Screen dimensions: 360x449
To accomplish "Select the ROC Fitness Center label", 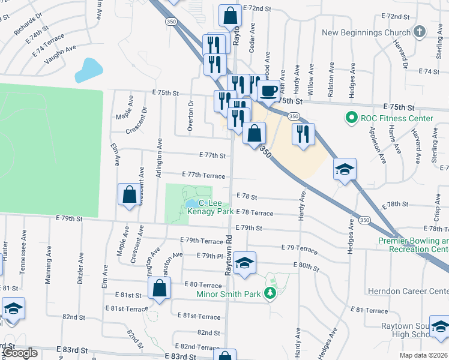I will pyautogui.click(x=396, y=118).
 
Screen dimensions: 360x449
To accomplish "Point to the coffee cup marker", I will pyautogui.click(x=268, y=91).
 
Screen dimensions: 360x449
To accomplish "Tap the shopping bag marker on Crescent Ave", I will pyautogui.click(x=129, y=194).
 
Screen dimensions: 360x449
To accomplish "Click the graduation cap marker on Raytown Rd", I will pyautogui.click(x=244, y=263).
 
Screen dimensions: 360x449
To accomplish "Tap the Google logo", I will pyautogui.click(x=20, y=353).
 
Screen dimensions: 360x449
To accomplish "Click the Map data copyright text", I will pyautogui.click(x=423, y=355).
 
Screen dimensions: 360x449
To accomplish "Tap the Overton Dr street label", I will pyautogui.click(x=191, y=112).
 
